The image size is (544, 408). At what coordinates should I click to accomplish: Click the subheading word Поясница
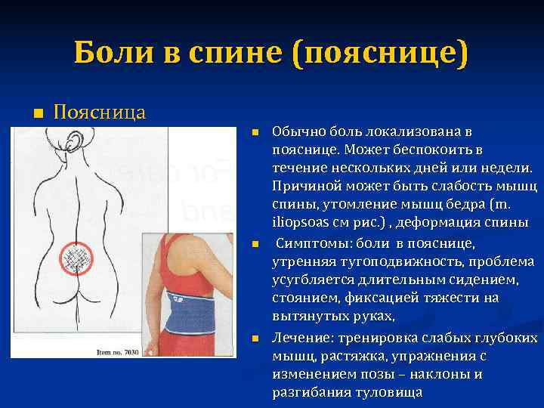tap(100, 113)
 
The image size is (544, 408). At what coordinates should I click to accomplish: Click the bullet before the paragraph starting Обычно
tap(255, 132)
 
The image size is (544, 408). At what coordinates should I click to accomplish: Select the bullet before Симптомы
tap(255, 245)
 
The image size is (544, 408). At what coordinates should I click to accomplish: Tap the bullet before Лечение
tap(255, 338)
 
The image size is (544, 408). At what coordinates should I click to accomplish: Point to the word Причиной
tap(304, 187)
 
